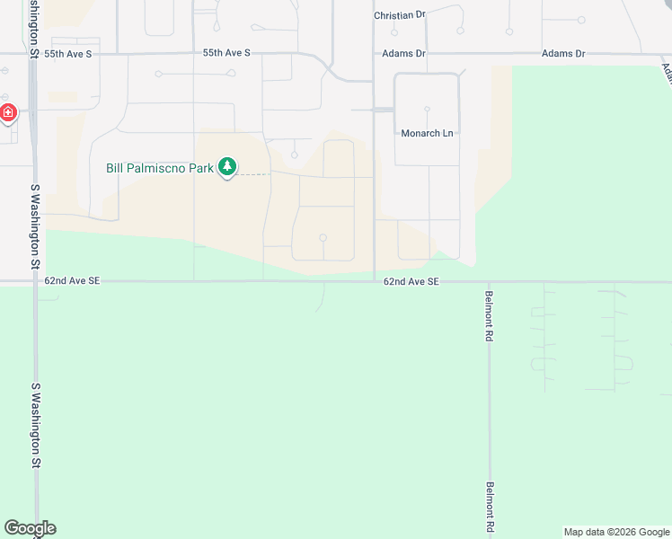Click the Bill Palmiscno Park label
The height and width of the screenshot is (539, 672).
160,168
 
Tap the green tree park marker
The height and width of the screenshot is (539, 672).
228,166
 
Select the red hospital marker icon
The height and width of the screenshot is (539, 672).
8,113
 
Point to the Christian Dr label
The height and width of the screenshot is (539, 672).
400,15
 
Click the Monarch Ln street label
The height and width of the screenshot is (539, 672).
427,134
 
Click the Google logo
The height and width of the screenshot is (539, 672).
30,528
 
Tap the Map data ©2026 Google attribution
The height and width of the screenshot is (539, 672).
617,532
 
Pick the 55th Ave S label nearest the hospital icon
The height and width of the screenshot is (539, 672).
68,54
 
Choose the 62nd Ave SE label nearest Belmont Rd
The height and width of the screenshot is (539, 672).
411,281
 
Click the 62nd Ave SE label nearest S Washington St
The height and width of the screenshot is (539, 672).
72,281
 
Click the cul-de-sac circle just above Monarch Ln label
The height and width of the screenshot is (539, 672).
427,110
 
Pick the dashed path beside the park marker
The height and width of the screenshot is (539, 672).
254,174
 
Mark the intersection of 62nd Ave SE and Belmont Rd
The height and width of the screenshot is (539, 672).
490,282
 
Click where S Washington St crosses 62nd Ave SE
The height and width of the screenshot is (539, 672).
36,282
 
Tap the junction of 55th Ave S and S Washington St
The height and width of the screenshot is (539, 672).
33,54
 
